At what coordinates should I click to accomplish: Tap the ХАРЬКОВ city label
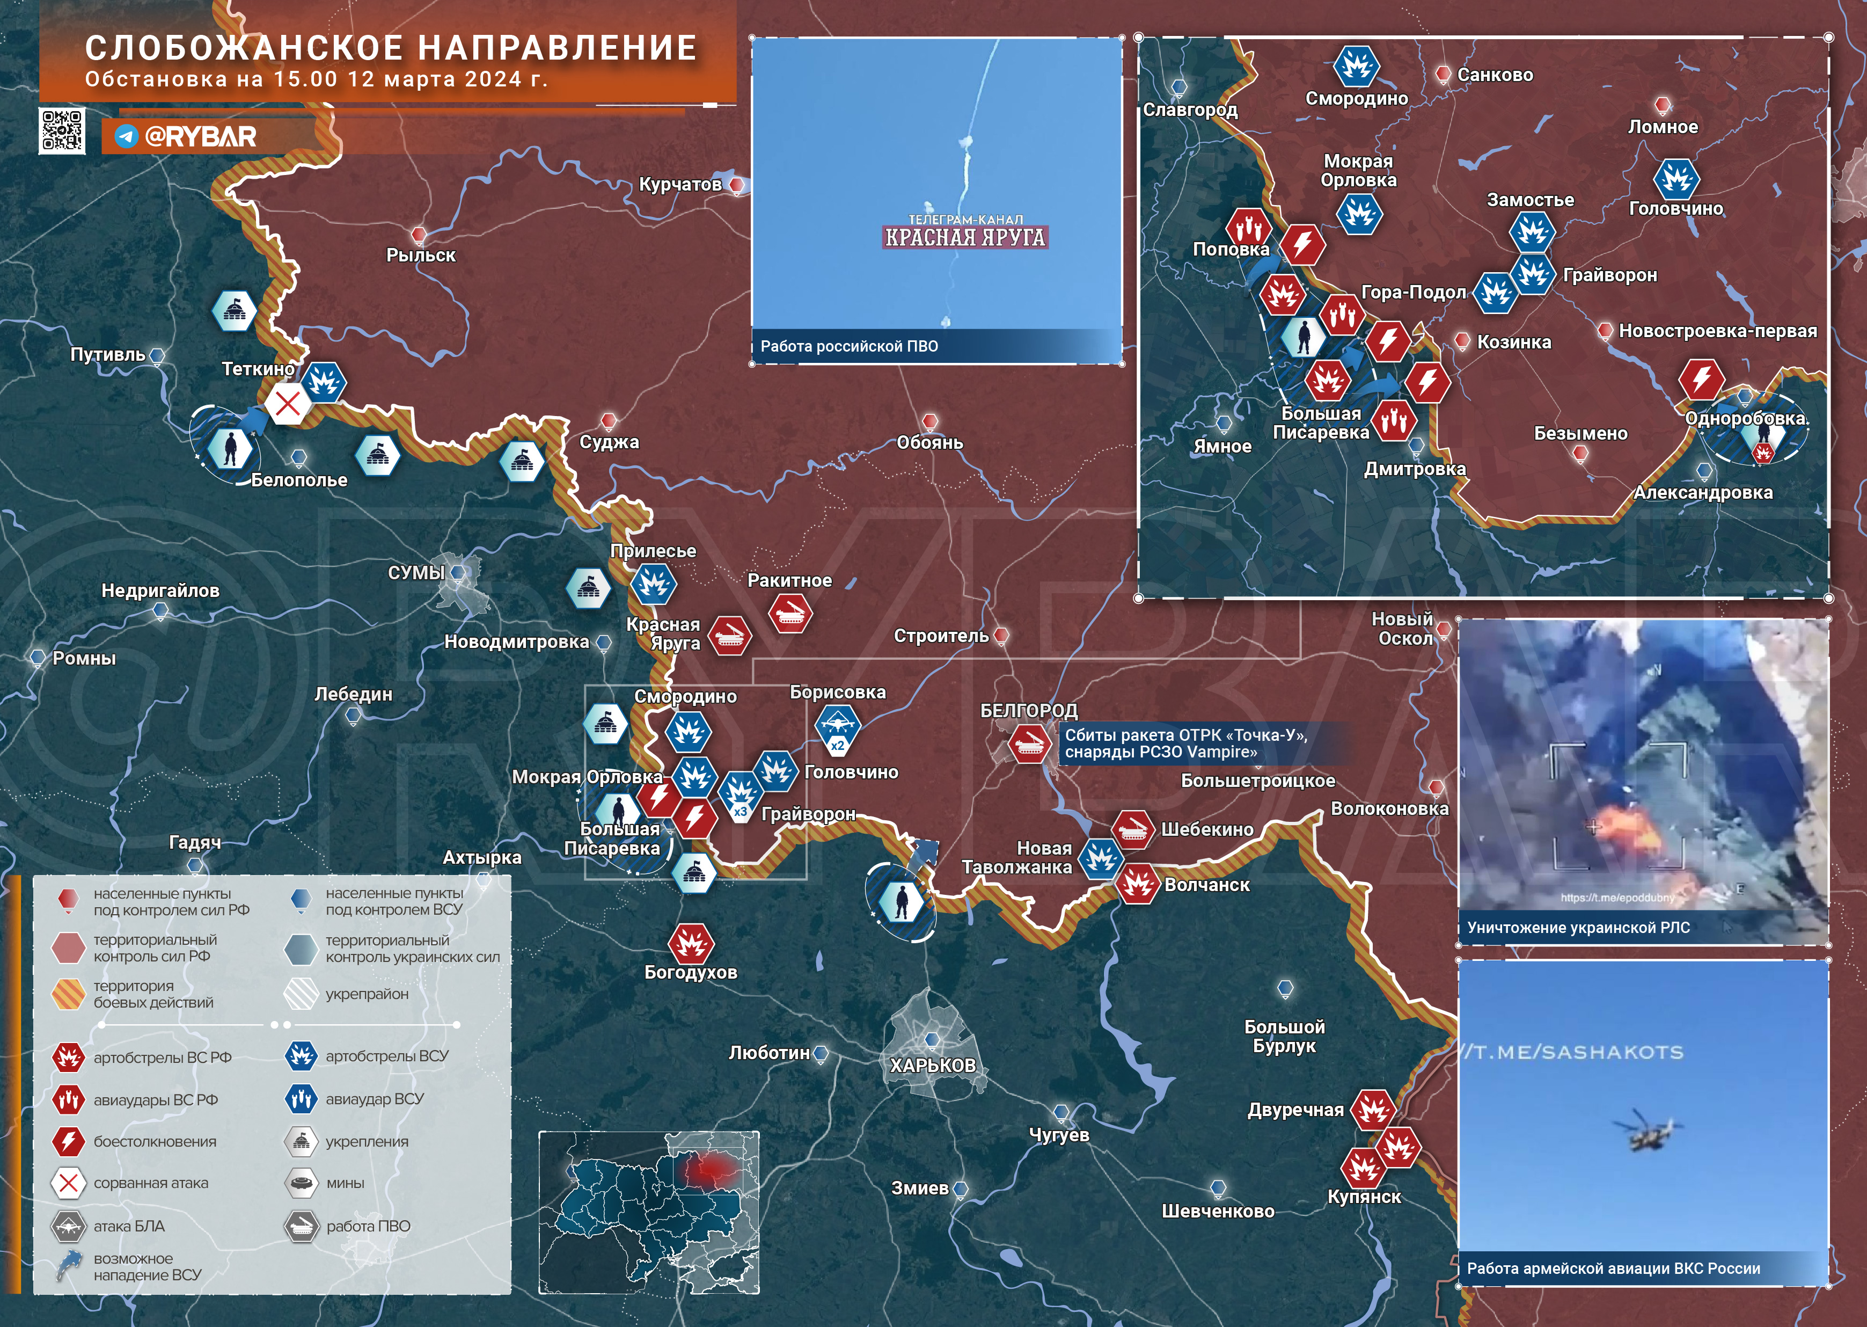click(933, 1064)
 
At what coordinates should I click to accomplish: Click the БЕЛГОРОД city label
click(1028, 710)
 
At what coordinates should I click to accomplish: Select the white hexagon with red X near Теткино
click(288, 404)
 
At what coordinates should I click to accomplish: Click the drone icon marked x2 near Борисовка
click(837, 725)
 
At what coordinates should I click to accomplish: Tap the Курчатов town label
click(679, 185)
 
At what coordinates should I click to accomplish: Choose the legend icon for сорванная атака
click(69, 1183)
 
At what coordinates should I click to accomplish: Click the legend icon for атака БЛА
click(69, 1226)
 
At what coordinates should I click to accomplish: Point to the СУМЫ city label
click(416, 573)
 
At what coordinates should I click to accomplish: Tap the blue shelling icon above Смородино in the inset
click(1357, 65)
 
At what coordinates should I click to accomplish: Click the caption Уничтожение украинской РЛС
click(1578, 928)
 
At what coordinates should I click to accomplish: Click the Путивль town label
click(108, 355)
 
